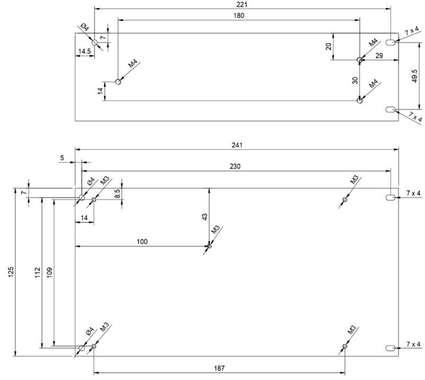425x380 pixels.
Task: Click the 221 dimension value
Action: tap(243, 4)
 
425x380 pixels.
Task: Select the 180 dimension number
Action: tap(239, 16)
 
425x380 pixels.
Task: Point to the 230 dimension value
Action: tap(235, 166)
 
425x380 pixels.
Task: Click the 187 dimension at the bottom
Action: tap(219, 368)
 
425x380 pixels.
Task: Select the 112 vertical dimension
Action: tap(38, 271)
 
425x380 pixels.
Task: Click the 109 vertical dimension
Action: tap(50, 271)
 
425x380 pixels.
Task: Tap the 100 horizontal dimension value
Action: tap(142, 241)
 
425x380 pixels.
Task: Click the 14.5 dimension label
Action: tap(84, 51)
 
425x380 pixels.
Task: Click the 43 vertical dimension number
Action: tap(205, 217)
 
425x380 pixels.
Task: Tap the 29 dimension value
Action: tap(378, 55)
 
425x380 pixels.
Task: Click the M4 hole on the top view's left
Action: tap(118, 81)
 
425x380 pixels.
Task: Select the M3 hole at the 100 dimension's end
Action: tap(209, 246)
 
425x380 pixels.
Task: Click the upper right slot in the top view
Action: tap(390, 42)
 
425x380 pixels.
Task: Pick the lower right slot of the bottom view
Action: tap(390, 348)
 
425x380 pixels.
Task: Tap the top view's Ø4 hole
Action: tap(95, 42)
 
